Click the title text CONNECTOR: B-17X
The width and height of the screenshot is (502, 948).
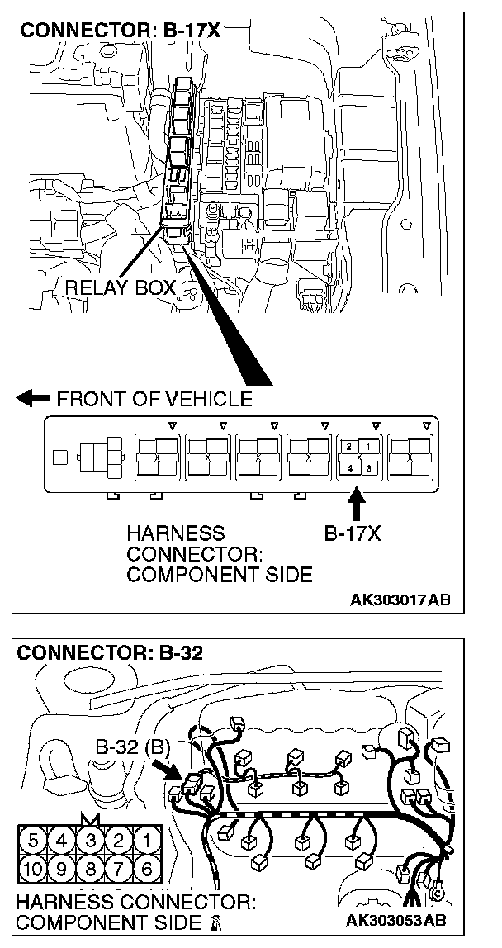[x=121, y=31]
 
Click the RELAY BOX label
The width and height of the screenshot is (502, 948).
[x=121, y=288]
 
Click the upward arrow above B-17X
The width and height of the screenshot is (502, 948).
[x=357, y=503]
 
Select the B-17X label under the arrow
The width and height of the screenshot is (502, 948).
[x=352, y=533]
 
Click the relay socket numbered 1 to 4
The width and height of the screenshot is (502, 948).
[x=358, y=457]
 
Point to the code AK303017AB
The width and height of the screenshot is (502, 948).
[x=400, y=599]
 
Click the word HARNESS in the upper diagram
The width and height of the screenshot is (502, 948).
[x=175, y=533]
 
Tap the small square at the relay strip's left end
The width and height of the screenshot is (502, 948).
[x=59, y=455]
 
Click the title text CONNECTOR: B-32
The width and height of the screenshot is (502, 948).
[x=110, y=653]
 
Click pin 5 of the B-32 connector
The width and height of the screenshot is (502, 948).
[x=33, y=843]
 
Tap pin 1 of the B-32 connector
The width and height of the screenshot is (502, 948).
[x=146, y=843]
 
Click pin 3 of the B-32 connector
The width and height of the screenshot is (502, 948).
[x=89, y=843]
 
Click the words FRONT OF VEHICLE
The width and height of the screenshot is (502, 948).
[x=154, y=400]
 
